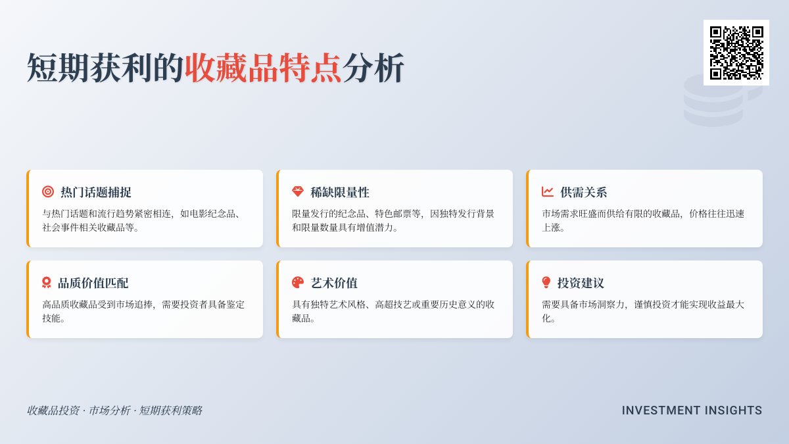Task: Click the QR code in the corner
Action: pyautogui.click(x=736, y=53)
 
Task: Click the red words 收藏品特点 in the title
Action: pyautogui.click(x=263, y=67)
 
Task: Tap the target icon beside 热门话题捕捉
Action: pyautogui.click(x=48, y=192)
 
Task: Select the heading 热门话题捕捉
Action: pyautogui.click(x=96, y=192)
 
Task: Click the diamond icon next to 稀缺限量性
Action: pyautogui.click(x=298, y=192)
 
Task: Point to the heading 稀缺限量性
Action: pyautogui.click(x=340, y=192)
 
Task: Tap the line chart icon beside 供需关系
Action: pyautogui.click(x=548, y=192)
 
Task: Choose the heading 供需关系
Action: pyautogui.click(x=584, y=192)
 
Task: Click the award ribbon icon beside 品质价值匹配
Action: pyautogui.click(x=47, y=283)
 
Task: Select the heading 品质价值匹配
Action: pyautogui.click(x=93, y=283)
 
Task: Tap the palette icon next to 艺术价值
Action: pyautogui.click(x=298, y=283)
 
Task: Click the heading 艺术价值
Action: pyautogui.click(x=334, y=283)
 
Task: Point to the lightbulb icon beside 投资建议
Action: pyautogui.click(x=546, y=283)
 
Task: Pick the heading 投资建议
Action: pyautogui.click(x=581, y=283)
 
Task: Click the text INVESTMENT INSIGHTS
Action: pyautogui.click(x=692, y=410)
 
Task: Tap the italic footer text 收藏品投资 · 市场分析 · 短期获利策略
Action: pyautogui.click(x=114, y=410)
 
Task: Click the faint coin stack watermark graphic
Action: pyautogui.click(x=713, y=102)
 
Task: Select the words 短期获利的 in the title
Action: pyautogui.click(x=105, y=67)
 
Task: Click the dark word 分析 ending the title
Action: pyautogui.click(x=373, y=67)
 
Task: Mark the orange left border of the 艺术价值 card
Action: pyautogui.click(x=277, y=299)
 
